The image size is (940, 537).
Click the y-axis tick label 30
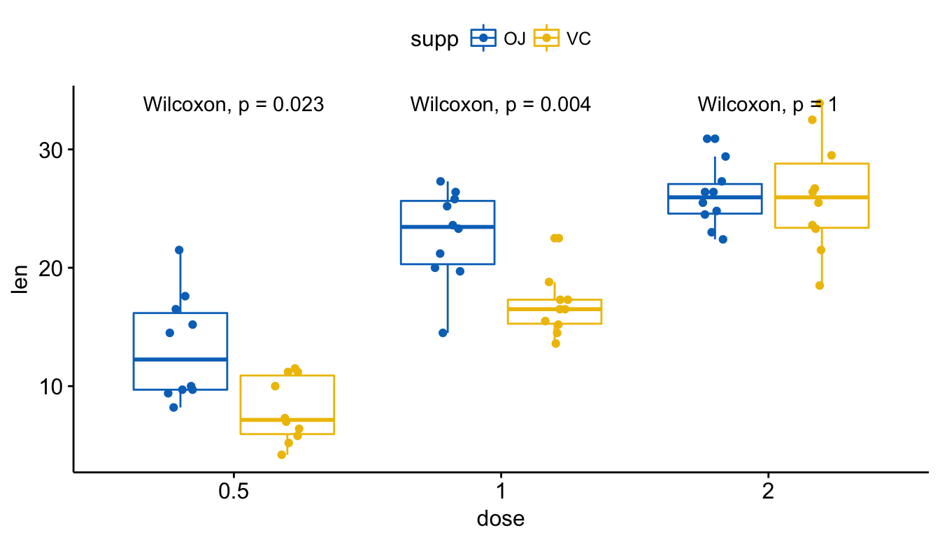tap(50, 150)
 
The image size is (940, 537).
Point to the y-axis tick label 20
tap(50, 268)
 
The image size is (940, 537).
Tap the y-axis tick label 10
tap(50, 387)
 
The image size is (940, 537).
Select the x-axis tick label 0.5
tap(234, 490)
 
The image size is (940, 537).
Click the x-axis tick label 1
tap(501, 490)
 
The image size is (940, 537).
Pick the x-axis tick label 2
tap(768, 490)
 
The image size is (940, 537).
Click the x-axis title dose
tap(501, 519)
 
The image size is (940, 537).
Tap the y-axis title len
tap(20, 279)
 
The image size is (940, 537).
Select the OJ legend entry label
tap(515, 39)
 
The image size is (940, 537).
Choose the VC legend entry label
tap(578, 39)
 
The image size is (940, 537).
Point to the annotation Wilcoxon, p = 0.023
tap(234, 104)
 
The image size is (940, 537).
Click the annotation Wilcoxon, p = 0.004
tap(501, 104)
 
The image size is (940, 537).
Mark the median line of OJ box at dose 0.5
tap(180, 359)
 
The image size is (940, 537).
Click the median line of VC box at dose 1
tap(555, 309)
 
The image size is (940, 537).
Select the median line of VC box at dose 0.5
tap(287, 420)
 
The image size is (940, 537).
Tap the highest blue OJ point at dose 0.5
tap(179, 250)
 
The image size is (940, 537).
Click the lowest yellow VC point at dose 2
tap(820, 286)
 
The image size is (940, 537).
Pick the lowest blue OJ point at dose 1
tap(443, 333)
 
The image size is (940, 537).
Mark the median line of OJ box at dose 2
tap(715, 197)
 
